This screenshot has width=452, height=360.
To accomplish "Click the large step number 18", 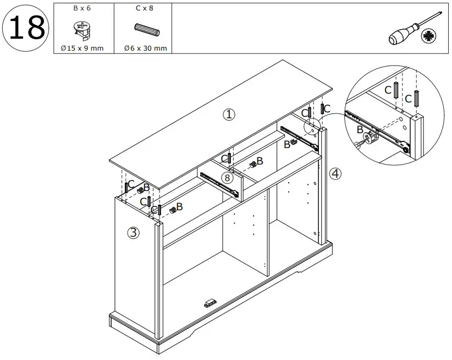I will [x=26, y=28].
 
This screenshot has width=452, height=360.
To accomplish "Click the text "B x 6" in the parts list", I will [x=82, y=9].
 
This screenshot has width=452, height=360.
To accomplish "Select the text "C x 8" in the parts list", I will [x=144, y=9].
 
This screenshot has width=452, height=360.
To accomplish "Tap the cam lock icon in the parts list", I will [x=81, y=30].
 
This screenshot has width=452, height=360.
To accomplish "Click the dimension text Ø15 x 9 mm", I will [x=82, y=48].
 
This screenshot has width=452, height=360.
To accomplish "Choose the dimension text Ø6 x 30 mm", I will [x=145, y=48].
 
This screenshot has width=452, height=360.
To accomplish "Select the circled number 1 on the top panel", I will [x=229, y=114].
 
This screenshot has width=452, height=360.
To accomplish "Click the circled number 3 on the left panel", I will [x=133, y=233].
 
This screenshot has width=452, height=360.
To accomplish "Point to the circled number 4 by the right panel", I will [x=335, y=174].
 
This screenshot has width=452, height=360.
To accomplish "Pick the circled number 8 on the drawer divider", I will [x=227, y=177].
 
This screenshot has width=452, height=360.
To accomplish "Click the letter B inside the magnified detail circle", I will [x=360, y=130].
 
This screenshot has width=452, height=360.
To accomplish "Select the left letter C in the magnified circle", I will [x=388, y=90].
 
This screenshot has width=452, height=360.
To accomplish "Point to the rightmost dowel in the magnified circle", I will [x=417, y=99].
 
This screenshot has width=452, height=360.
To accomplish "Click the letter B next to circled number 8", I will [x=260, y=161].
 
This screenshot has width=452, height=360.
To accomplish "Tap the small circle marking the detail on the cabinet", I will [x=312, y=126].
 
